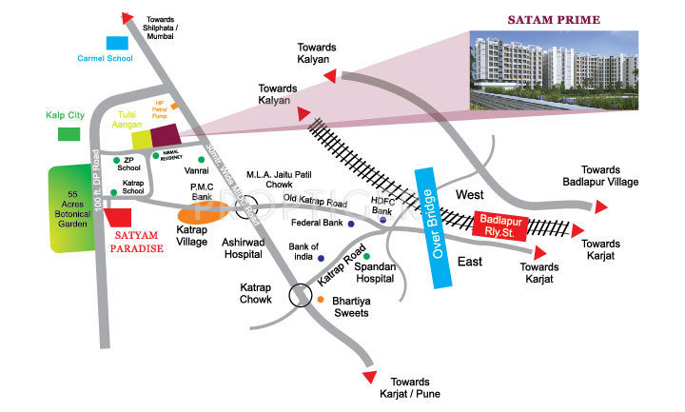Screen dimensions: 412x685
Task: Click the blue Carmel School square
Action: (x=115, y=43)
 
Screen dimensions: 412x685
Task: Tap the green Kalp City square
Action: (x=68, y=133)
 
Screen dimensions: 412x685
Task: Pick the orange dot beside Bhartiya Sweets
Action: (x=321, y=300)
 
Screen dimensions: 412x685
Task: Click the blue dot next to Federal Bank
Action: (x=351, y=225)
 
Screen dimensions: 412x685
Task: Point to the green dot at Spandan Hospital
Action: (x=365, y=256)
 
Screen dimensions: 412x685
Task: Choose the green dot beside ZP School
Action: (x=117, y=160)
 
